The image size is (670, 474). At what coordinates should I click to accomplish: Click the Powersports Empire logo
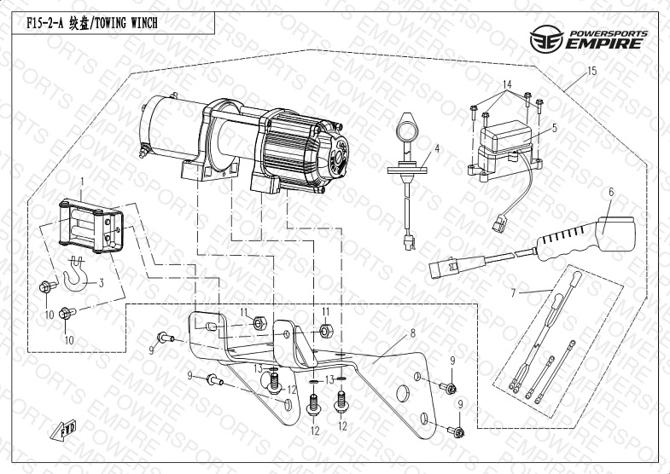(x=588, y=38)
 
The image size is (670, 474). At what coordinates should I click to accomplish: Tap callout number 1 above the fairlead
(x=82, y=181)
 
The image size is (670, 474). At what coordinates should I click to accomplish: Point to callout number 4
(x=436, y=148)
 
